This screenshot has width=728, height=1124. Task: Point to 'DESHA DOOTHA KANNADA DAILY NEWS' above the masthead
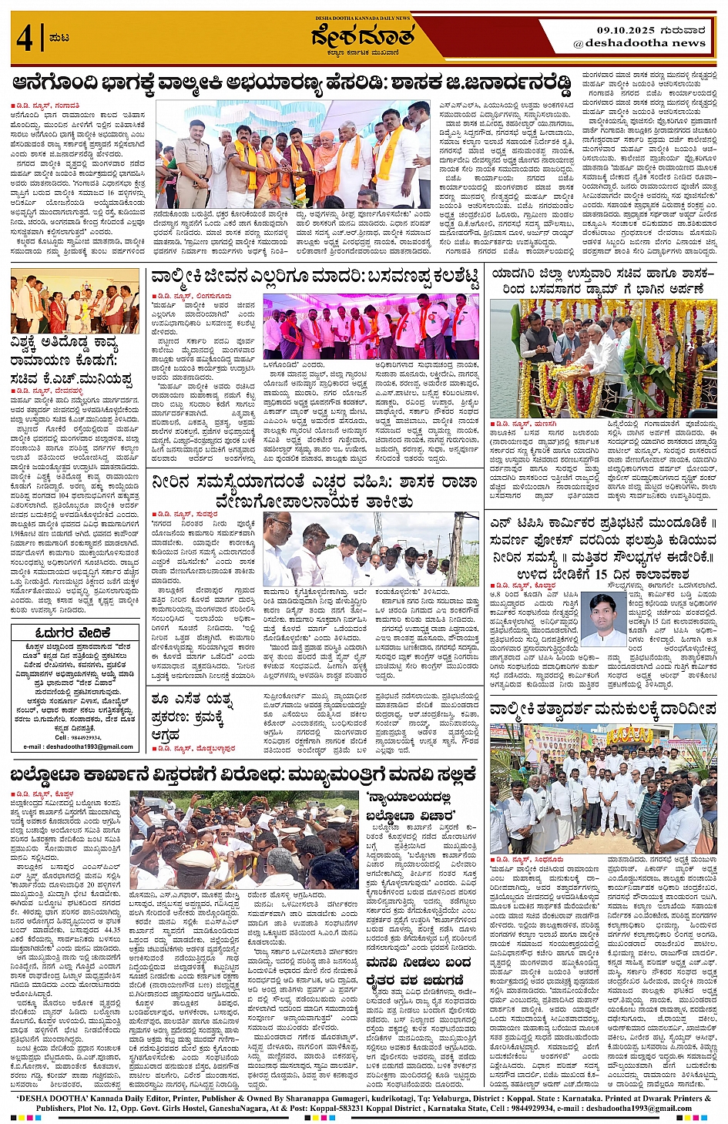click(363, 18)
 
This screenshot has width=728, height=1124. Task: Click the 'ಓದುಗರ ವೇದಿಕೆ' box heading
click(75, 632)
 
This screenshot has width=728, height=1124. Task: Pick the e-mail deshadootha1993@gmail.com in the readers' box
click(78, 747)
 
